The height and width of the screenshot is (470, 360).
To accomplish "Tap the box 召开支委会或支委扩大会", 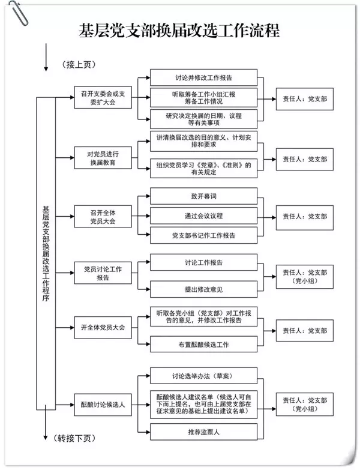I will (x=99, y=98).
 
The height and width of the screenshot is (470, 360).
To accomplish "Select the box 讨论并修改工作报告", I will (x=204, y=78).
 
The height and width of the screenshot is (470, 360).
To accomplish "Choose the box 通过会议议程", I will (x=204, y=215).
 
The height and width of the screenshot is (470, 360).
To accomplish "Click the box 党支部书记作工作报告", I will (x=204, y=235).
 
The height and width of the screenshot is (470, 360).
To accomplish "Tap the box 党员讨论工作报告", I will (x=99, y=274).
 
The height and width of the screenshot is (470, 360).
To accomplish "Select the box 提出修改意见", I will (x=204, y=289).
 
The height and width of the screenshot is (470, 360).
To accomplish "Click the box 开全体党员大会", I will (x=99, y=328).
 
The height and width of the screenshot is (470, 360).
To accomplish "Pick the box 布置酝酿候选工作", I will (x=204, y=345).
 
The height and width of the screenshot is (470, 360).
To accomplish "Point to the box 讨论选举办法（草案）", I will (x=204, y=376).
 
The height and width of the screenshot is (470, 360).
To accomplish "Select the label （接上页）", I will (x=79, y=64).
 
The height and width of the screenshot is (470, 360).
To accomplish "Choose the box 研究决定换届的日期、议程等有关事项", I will (x=204, y=117).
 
